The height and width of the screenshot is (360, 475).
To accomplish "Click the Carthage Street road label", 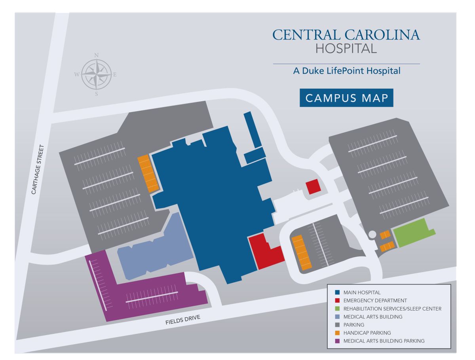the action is pyautogui.click(x=38, y=169).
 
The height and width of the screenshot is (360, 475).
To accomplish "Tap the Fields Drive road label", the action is pyautogui.click(x=182, y=320).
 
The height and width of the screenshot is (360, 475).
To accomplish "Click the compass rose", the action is pyautogui.click(x=97, y=74).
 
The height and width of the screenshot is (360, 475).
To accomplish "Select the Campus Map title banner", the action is pyautogui.click(x=346, y=98).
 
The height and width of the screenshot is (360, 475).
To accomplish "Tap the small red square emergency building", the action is pyautogui.click(x=313, y=187).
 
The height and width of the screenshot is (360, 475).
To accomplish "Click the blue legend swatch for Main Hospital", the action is pyautogui.click(x=337, y=292).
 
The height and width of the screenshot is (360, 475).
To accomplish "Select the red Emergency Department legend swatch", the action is pyautogui.click(x=337, y=300).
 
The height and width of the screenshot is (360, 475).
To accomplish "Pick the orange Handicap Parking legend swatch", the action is pyautogui.click(x=337, y=333).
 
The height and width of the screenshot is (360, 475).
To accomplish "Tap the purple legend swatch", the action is pyautogui.click(x=337, y=341).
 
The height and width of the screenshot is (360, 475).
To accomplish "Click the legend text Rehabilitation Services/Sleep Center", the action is pyautogui.click(x=392, y=309).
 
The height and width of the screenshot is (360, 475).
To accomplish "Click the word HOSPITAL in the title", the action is pyautogui.click(x=346, y=48).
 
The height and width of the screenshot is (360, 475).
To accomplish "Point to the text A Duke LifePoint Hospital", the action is pyautogui.click(x=347, y=71).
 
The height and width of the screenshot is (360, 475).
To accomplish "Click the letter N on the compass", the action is pyautogui.click(x=97, y=55).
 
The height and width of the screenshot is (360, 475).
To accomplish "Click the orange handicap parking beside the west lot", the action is pyautogui.click(x=148, y=173).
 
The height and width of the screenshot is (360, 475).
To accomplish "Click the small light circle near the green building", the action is pyautogui.click(x=372, y=234).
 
